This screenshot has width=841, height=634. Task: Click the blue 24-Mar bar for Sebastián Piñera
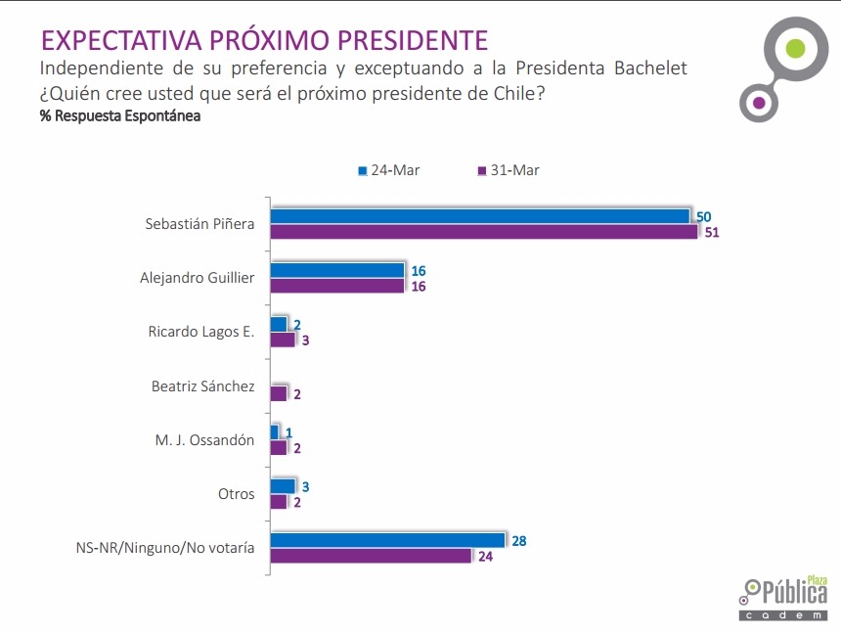(480, 216)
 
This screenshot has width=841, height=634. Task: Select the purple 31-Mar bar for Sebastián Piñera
(484, 232)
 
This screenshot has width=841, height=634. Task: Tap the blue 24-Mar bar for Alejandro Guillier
(337, 270)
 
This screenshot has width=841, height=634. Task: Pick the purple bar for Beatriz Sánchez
(279, 393)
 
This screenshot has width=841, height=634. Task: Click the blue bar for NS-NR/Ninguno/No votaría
(387, 540)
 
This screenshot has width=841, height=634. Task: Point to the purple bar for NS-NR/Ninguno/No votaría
(371, 556)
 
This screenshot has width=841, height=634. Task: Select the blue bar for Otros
(283, 486)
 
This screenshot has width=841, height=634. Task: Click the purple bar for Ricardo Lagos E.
(283, 340)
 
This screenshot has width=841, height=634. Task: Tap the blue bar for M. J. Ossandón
(275, 432)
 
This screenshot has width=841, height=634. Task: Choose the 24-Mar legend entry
(389, 170)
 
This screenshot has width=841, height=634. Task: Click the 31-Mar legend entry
(509, 170)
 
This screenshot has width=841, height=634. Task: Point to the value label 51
(712, 233)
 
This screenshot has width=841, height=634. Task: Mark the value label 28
(518, 540)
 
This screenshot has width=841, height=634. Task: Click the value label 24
(485, 557)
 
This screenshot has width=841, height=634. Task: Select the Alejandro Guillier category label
(198, 278)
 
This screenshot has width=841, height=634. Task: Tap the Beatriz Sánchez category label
(203, 386)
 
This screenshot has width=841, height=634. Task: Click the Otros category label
(237, 494)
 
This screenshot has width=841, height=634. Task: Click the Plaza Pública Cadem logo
(785, 596)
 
